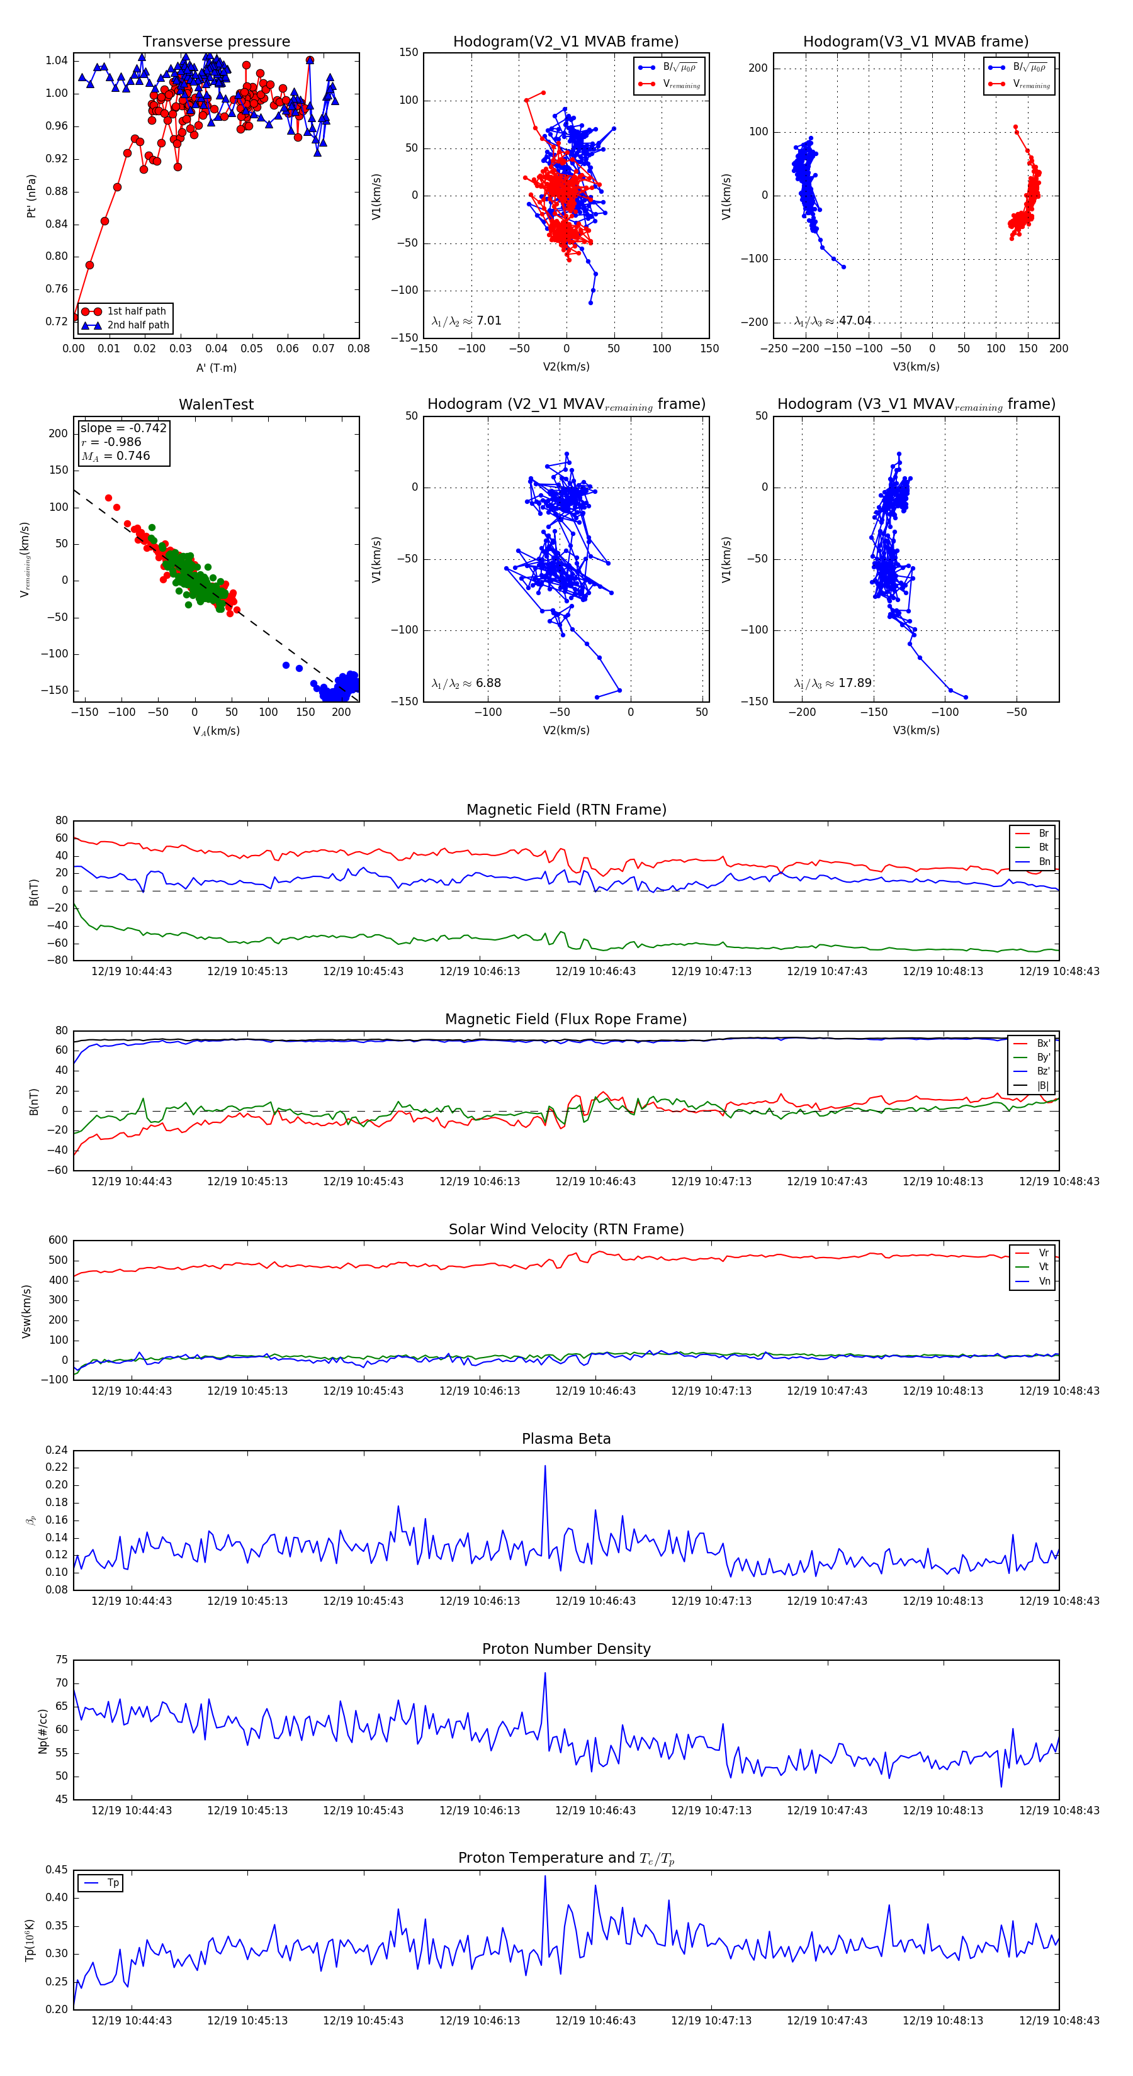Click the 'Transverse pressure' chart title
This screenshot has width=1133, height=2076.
[x=216, y=42]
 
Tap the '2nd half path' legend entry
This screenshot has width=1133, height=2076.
[x=138, y=326]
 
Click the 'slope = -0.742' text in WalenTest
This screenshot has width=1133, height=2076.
[x=123, y=428]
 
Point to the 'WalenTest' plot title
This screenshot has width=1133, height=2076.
[x=216, y=405]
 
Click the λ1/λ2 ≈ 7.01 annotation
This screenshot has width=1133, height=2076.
[x=466, y=321]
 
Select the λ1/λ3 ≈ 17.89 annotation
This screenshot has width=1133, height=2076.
[x=833, y=683]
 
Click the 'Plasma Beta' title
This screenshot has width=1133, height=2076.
[x=566, y=1439]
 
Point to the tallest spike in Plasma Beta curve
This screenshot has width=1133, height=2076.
[x=545, y=1466]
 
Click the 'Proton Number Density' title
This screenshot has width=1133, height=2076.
[x=566, y=1649]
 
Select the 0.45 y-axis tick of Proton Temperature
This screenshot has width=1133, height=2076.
[x=57, y=1870]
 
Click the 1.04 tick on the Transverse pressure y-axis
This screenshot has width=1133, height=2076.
[x=57, y=60]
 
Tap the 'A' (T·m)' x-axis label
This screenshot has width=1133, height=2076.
[x=216, y=368]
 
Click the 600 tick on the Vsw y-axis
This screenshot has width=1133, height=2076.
[x=58, y=1241]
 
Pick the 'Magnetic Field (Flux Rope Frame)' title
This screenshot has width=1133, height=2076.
[x=566, y=1020]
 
